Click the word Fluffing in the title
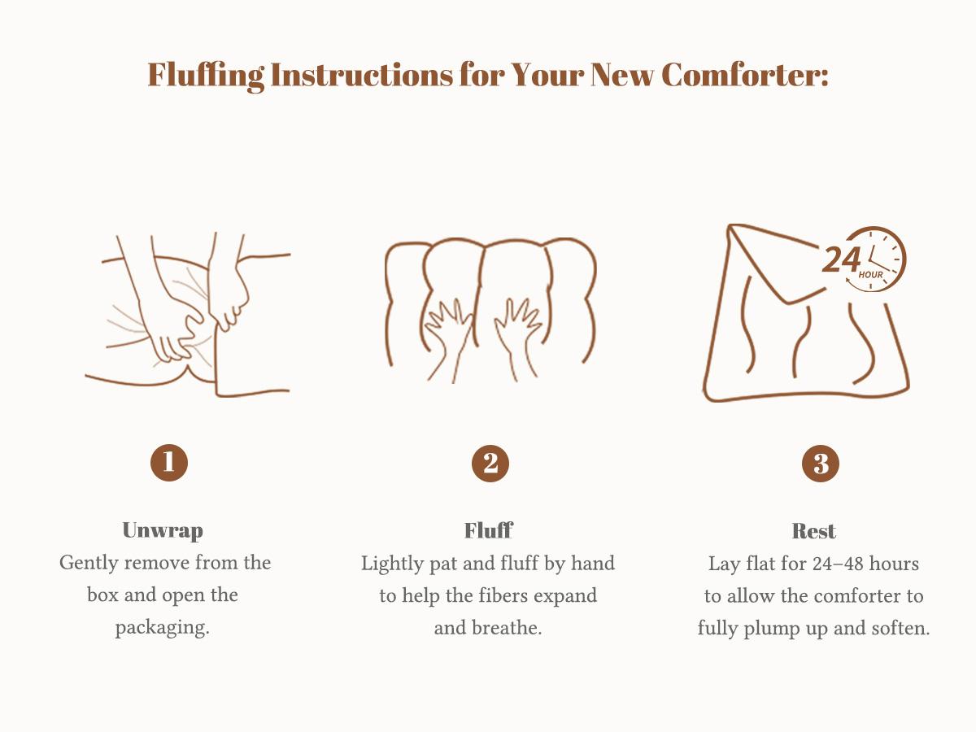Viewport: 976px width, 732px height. [x=206, y=76]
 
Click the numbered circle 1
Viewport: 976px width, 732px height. [x=169, y=462]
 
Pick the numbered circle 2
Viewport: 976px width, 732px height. [x=490, y=463]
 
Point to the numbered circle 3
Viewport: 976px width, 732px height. [x=821, y=464]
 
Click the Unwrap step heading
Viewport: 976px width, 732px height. [x=163, y=530]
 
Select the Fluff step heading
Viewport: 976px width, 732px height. [x=489, y=530]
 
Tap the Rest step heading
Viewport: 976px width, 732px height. [x=813, y=531]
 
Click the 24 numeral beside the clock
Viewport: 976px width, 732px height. [x=841, y=260]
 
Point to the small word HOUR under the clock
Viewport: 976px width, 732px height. [x=870, y=275]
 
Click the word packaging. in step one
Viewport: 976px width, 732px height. [x=163, y=628]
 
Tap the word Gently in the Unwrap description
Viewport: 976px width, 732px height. [x=89, y=564]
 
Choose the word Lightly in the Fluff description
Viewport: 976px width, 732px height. [x=392, y=564]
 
